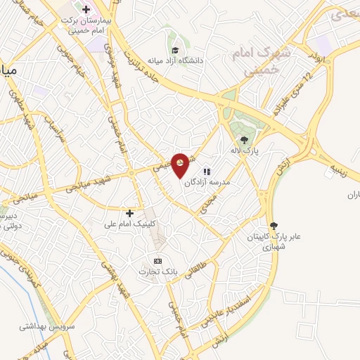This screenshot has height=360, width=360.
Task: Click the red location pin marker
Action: point(181,165)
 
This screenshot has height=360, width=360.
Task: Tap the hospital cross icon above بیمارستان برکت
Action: point(86,10)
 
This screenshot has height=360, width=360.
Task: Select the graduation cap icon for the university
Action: point(174,49)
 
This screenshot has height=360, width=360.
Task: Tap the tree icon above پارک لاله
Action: point(244,139)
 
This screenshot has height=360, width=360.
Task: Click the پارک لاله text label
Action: point(243,150)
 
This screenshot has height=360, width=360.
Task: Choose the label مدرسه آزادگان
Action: point(207,181)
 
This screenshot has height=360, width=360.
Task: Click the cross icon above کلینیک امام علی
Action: point(129,212)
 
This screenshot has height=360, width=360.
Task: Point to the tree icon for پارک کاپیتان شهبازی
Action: point(273,226)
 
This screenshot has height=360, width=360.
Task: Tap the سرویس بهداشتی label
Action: point(41,326)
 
